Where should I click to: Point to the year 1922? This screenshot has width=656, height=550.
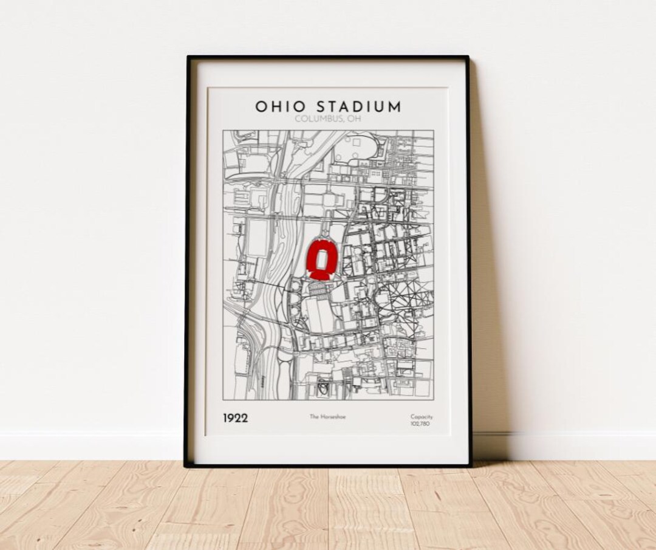click(x=234, y=418)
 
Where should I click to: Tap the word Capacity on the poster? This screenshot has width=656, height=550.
click(x=421, y=416)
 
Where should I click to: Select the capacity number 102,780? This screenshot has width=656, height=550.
click(x=421, y=424)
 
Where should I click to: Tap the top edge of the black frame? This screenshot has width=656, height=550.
click(x=328, y=58)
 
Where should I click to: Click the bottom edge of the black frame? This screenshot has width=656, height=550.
click(x=328, y=466)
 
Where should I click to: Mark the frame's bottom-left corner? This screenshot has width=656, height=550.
click(x=186, y=465)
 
